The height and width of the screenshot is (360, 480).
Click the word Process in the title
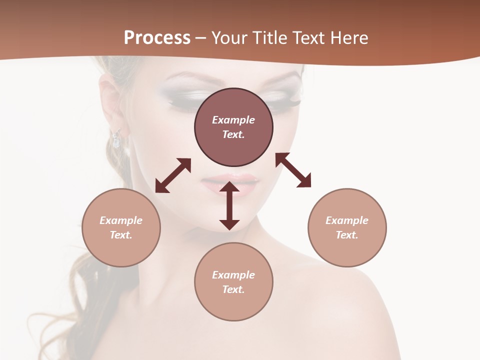pos(157,38)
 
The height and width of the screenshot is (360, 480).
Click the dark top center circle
pos(233,127)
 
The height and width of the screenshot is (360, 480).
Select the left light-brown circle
pos(121,227)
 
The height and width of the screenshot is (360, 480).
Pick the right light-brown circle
pos(347,227)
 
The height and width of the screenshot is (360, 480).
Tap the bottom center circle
pos(233,281)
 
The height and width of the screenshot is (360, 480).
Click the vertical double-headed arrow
pos(229,206)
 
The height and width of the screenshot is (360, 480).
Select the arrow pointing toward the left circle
pos(173,175)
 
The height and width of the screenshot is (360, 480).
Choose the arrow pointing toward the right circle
pos(293,170)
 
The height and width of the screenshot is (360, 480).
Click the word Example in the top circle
pos(233,120)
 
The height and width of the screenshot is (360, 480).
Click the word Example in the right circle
pos(347,220)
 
